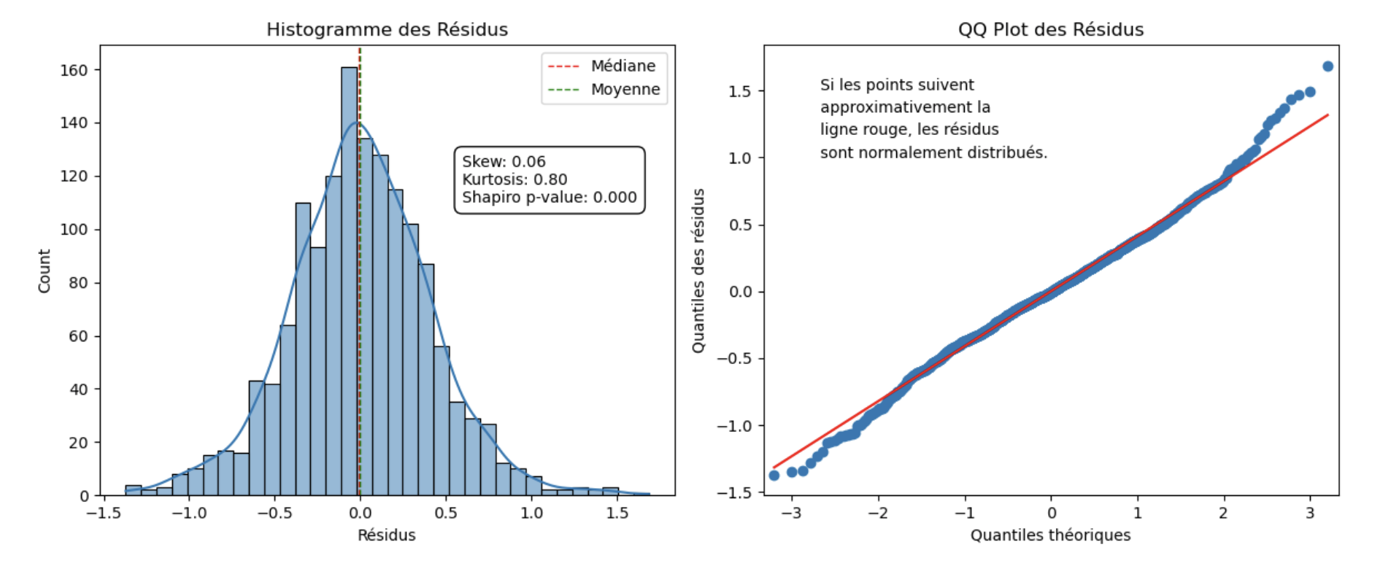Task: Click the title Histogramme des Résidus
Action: pyautogui.click(x=387, y=29)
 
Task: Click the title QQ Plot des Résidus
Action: pyautogui.click(x=1050, y=29)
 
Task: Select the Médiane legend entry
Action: pyautogui.click(x=623, y=66)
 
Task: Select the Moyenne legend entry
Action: pyautogui.click(x=625, y=90)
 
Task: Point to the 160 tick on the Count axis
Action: pyautogui.click(x=74, y=71)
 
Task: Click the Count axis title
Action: pyautogui.click(x=45, y=271)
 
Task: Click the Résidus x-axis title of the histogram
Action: pyautogui.click(x=386, y=535)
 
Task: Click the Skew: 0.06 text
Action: pyautogui.click(x=504, y=162)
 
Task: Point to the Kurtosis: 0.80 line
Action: pyautogui.click(x=515, y=179)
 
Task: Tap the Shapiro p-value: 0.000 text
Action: pyautogui.click(x=549, y=198)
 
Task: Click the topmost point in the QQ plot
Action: pyautogui.click(x=1328, y=66)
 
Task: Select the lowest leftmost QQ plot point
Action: pyautogui.click(x=774, y=476)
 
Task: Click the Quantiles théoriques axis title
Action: pyautogui.click(x=1050, y=535)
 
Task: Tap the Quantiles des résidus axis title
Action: pyautogui.click(x=698, y=271)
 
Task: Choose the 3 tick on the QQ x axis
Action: pyautogui.click(x=1310, y=513)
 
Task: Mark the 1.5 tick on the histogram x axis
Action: pyautogui.click(x=617, y=513)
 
